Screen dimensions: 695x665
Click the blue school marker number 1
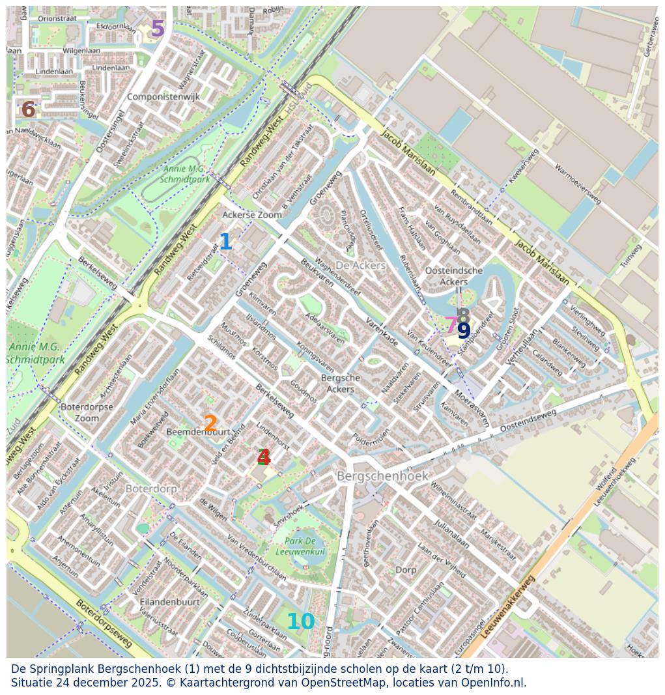point(225,242)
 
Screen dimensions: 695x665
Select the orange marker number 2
point(210,424)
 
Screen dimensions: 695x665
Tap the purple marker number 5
point(158,29)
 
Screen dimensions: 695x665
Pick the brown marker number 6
point(28,110)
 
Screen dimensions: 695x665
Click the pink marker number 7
point(451,324)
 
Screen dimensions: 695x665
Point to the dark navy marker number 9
point(464,332)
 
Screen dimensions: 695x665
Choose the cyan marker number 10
point(300,622)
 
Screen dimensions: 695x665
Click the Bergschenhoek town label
point(382,476)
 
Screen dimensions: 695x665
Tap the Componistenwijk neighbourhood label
point(163,97)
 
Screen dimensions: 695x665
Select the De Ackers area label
point(360,266)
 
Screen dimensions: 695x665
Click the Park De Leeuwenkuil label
point(300,546)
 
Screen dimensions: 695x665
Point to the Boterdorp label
point(150,488)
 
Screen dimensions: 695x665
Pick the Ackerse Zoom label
point(252,214)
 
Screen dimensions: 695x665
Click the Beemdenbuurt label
point(199,432)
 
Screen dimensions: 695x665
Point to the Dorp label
point(406,570)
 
